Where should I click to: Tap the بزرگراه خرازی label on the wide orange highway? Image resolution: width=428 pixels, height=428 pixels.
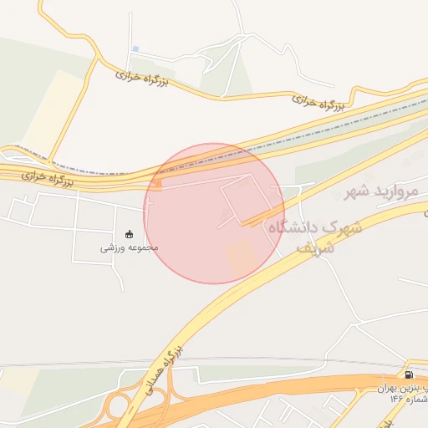pyautogui.click(x=47, y=176)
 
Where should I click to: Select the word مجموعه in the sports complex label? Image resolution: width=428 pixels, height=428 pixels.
pyautogui.click(x=142, y=247)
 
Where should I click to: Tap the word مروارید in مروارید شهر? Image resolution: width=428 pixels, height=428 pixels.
pyautogui.click(x=400, y=191)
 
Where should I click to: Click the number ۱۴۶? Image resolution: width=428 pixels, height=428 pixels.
pyautogui.click(x=395, y=399)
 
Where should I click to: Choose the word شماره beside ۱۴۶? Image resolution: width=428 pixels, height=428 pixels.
pyautogui.click(x=415, y=399)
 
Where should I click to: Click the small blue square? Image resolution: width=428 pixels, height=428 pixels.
pyautogui.click(x=135, y=48)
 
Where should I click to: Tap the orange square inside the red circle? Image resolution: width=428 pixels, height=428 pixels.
pyautogui.click(x=241, y=255)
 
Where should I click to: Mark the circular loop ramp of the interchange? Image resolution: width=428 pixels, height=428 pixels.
pyautogui.click(x=117, y=407)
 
